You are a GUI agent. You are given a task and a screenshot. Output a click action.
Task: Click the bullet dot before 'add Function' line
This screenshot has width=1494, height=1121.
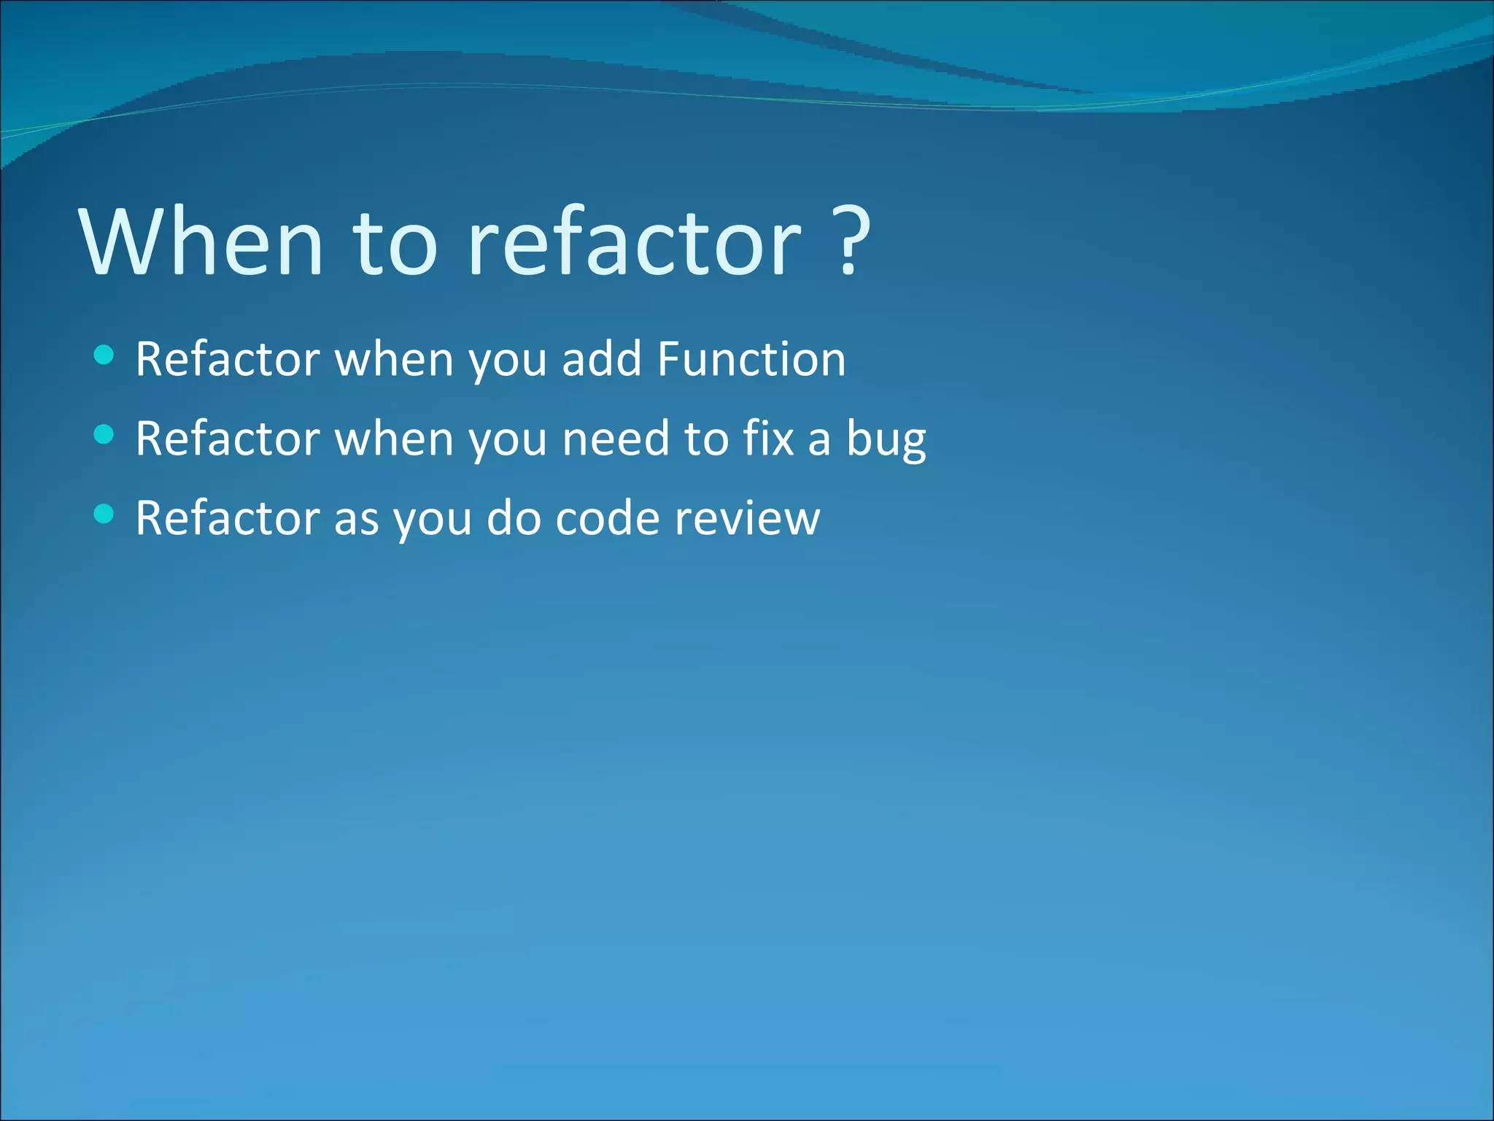(x=104, y=355)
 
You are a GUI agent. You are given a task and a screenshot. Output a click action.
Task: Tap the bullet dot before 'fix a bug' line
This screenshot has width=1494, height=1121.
(x=104, y=435)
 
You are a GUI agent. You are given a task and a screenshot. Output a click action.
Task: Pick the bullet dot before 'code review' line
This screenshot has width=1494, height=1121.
(x=104, y=515)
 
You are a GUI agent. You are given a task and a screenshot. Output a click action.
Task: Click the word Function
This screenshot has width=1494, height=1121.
(x=751, y=359)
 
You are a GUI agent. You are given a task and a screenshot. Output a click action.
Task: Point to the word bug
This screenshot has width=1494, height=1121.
(x=886, y=440)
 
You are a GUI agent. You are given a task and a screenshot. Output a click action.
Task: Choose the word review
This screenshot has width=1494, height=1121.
(x=747, y=519)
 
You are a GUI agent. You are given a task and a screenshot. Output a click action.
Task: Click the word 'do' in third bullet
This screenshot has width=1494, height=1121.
(x=513, y=519)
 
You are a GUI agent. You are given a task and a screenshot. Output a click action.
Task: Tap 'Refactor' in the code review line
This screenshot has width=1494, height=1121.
(x=228, y=519)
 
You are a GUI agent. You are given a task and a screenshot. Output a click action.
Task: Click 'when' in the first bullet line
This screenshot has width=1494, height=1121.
(x=394, y=359)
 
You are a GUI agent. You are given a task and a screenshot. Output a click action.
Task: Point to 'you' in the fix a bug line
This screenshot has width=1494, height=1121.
(x=507, y=440)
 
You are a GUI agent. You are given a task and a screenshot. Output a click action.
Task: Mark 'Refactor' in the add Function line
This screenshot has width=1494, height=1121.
(x=228, y=359)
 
